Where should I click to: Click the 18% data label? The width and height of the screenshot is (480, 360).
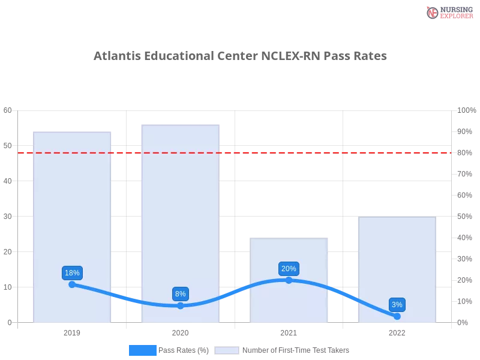pos(72,273)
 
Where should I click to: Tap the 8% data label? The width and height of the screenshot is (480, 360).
pos(180,294)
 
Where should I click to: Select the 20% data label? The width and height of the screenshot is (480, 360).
pos(289,269)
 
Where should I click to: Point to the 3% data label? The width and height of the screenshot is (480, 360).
pos(397,305)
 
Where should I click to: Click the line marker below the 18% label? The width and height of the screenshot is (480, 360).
pos(72,284)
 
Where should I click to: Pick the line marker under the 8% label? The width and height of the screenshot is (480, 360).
pos(180,305)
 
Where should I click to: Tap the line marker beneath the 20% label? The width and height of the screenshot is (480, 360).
pos(289,280)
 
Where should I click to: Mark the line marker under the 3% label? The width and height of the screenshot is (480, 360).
pos(397,316)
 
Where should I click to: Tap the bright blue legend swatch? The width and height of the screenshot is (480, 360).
pos(142,350)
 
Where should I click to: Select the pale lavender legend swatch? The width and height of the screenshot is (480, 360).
pos(227,350)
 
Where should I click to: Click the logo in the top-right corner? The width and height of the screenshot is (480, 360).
pos(448,12)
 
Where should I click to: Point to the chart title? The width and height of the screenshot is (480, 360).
pos(240,57)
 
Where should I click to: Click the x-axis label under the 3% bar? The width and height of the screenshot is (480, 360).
pos(397,331)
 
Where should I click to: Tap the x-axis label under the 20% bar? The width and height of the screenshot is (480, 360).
pos(288,331)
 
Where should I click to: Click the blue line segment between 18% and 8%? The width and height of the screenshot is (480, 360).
pos(126,298)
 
